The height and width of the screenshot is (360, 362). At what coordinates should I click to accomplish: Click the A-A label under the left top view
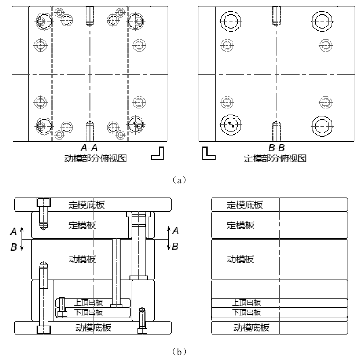click(89, 148)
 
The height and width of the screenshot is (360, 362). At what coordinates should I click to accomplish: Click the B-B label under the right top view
click(276, 148)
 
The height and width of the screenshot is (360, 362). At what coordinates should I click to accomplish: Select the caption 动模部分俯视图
click(95, 158)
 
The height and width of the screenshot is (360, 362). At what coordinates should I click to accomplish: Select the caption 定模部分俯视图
click(275, 158)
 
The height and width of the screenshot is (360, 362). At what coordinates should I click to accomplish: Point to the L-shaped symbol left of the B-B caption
click(209, 154)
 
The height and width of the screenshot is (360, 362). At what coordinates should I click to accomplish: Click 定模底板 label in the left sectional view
click(86, 205)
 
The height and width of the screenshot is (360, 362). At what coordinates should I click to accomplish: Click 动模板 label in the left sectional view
click(82, 259)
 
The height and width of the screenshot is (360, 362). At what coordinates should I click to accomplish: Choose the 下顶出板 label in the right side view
click(246, 312)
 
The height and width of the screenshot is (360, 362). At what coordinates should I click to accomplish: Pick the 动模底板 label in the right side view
click(251, 327)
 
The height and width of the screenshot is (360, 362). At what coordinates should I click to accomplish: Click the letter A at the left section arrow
click(14, 232)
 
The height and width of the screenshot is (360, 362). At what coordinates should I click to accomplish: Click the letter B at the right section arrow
click(175, 246)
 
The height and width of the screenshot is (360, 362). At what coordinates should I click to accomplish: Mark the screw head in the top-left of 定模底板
click(44, 203)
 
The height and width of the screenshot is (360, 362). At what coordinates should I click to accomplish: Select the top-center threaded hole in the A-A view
click(90, 15)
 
